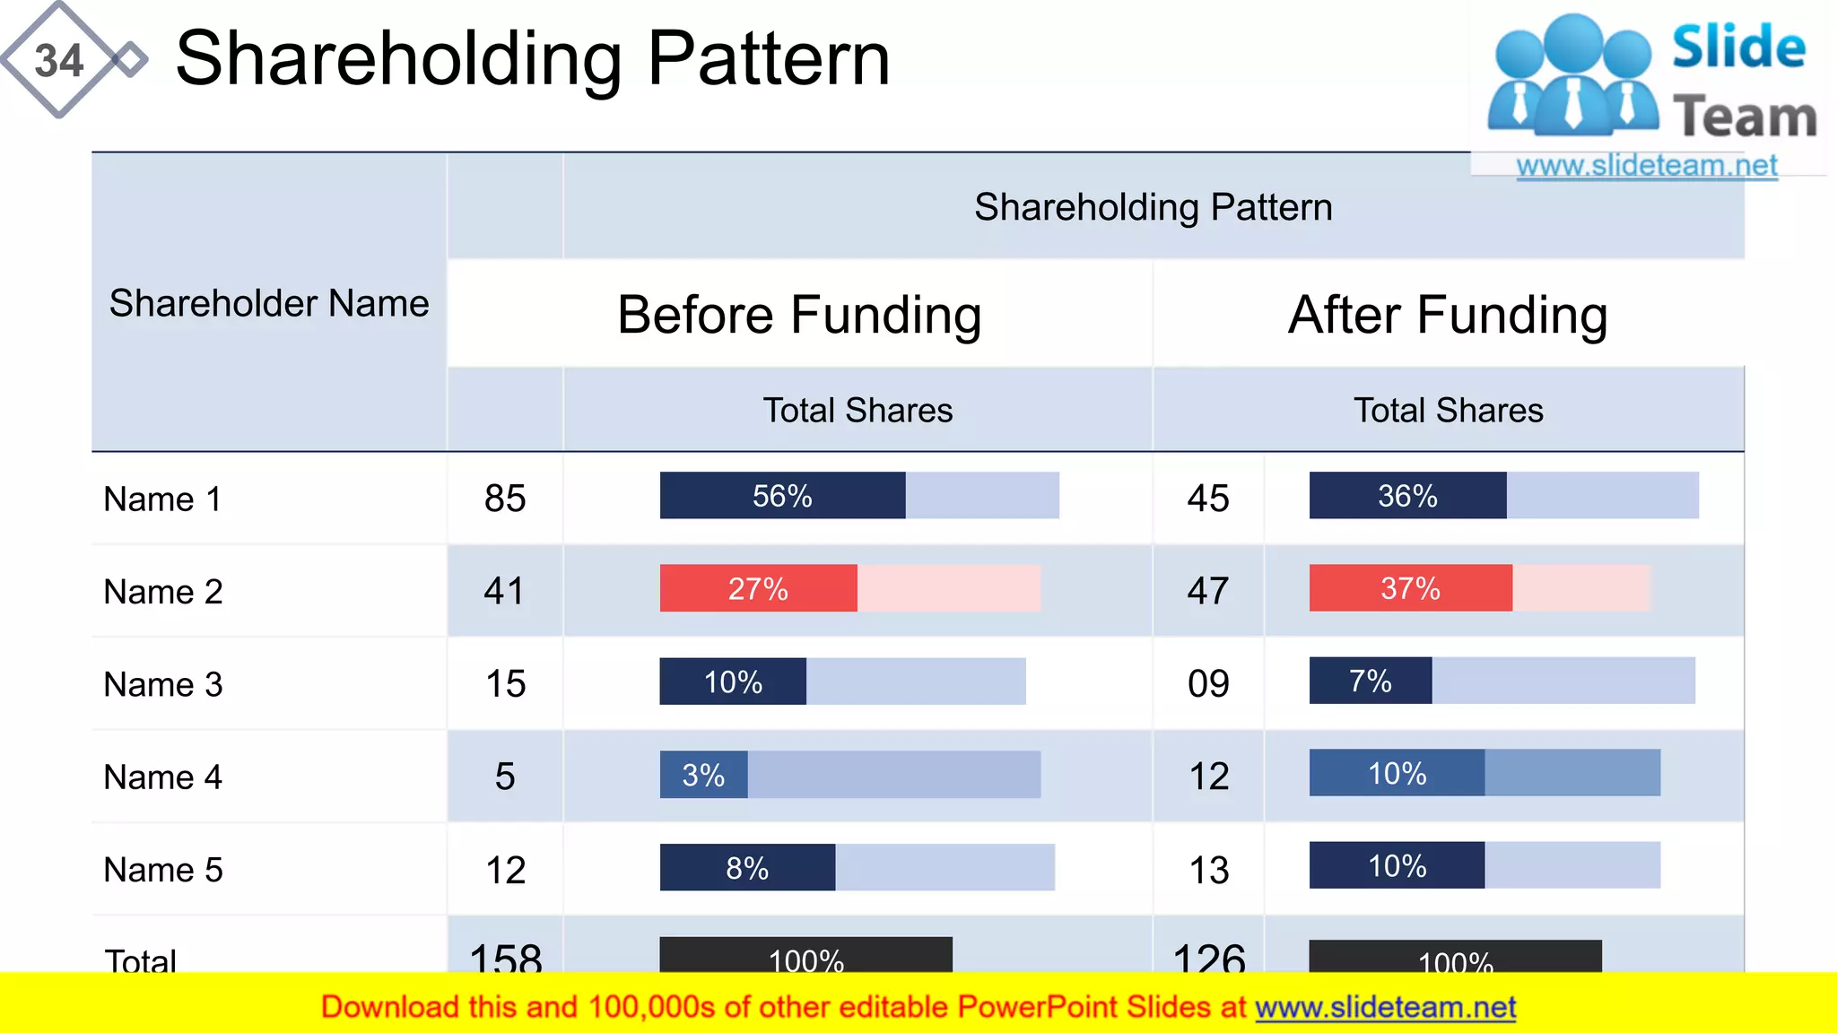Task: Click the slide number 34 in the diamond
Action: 58,61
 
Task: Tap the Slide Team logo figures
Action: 1574,76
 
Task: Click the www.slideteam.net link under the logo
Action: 1647,166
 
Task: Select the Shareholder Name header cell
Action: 269,303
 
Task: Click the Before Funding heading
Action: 799,315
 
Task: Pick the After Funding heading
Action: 1448,315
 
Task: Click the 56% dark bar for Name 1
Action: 782,496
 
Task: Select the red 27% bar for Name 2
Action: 758,589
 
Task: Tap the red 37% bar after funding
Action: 1410,588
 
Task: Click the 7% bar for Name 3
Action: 1370,681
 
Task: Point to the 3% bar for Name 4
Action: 703,775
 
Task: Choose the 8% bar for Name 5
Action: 747,868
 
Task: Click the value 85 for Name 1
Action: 505,499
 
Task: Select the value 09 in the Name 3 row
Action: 1208,684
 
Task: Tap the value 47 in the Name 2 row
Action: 1208,591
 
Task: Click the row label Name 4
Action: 162,777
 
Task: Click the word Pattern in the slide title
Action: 769,59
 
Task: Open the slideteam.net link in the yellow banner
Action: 1385,1008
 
